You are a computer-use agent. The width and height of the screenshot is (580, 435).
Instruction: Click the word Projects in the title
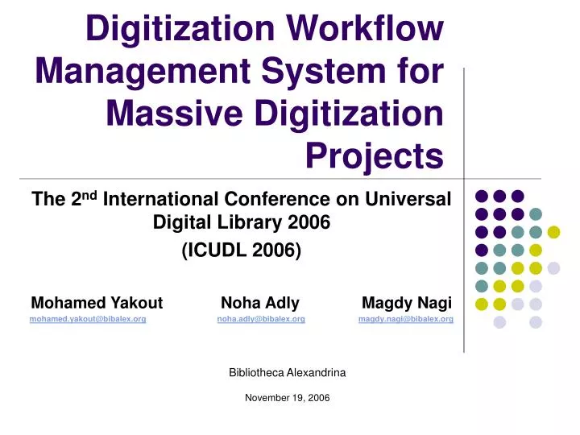click(375, 155)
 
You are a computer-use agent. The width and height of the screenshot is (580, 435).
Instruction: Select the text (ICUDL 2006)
click(242, 251)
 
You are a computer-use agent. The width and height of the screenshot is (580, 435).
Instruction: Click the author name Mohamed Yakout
click(96, 304)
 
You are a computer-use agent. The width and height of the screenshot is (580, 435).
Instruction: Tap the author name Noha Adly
click(259, 304)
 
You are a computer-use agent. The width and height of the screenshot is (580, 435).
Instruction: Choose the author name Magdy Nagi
click(407, 304)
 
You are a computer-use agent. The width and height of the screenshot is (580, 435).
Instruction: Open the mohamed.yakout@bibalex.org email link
click(87, 320)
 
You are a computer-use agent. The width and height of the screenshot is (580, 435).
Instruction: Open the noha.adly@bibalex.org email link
click(260, 320)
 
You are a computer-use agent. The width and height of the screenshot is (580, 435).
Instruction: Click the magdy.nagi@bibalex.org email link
click(405, 320)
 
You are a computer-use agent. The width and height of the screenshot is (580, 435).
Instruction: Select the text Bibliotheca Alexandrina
click(287, 373)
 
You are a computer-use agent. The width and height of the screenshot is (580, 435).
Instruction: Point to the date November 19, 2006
click(287, 398)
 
